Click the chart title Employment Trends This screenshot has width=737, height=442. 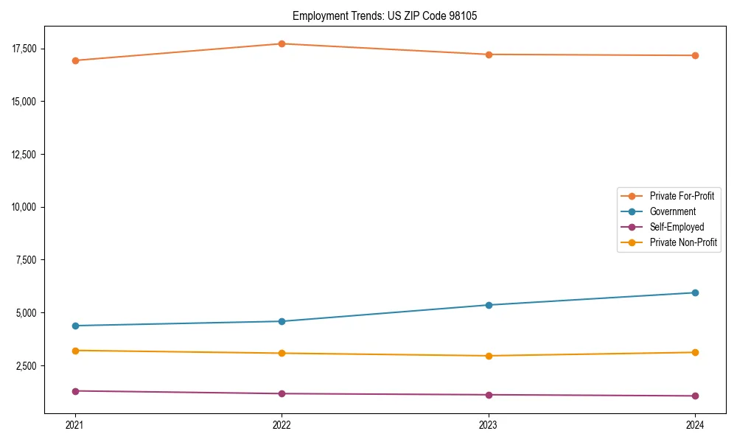[x=385, y=15]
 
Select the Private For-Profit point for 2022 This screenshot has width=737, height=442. [x=282, y=43]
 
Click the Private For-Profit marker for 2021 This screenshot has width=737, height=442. [x=75, y=60]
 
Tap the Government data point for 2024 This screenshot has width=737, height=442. [x=695, y=292]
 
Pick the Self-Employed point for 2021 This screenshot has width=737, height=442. [x=75, y=391]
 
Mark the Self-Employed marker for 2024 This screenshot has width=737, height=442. [x=695, y=396]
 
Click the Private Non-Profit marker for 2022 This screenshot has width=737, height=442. [x=282, y=353]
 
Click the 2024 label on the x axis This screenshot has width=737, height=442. [x=695, y=424]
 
